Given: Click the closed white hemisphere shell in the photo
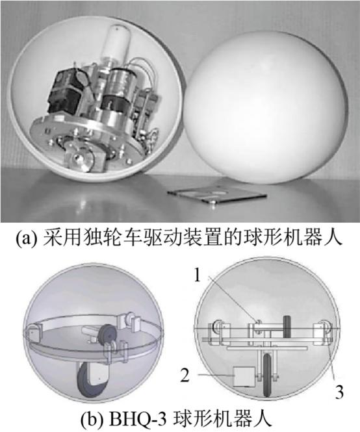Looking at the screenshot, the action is point(264,107).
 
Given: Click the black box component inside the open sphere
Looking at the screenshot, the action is point(66,90).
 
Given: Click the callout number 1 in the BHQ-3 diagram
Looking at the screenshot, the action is point(197,275).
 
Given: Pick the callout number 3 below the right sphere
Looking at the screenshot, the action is point(339,392).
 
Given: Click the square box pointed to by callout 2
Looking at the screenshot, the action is point(244,376).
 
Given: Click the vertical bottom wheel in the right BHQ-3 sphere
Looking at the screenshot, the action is point(267,375).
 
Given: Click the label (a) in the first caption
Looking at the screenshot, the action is point(26,238).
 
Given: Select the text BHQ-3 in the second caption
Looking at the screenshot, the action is point(138,419).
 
